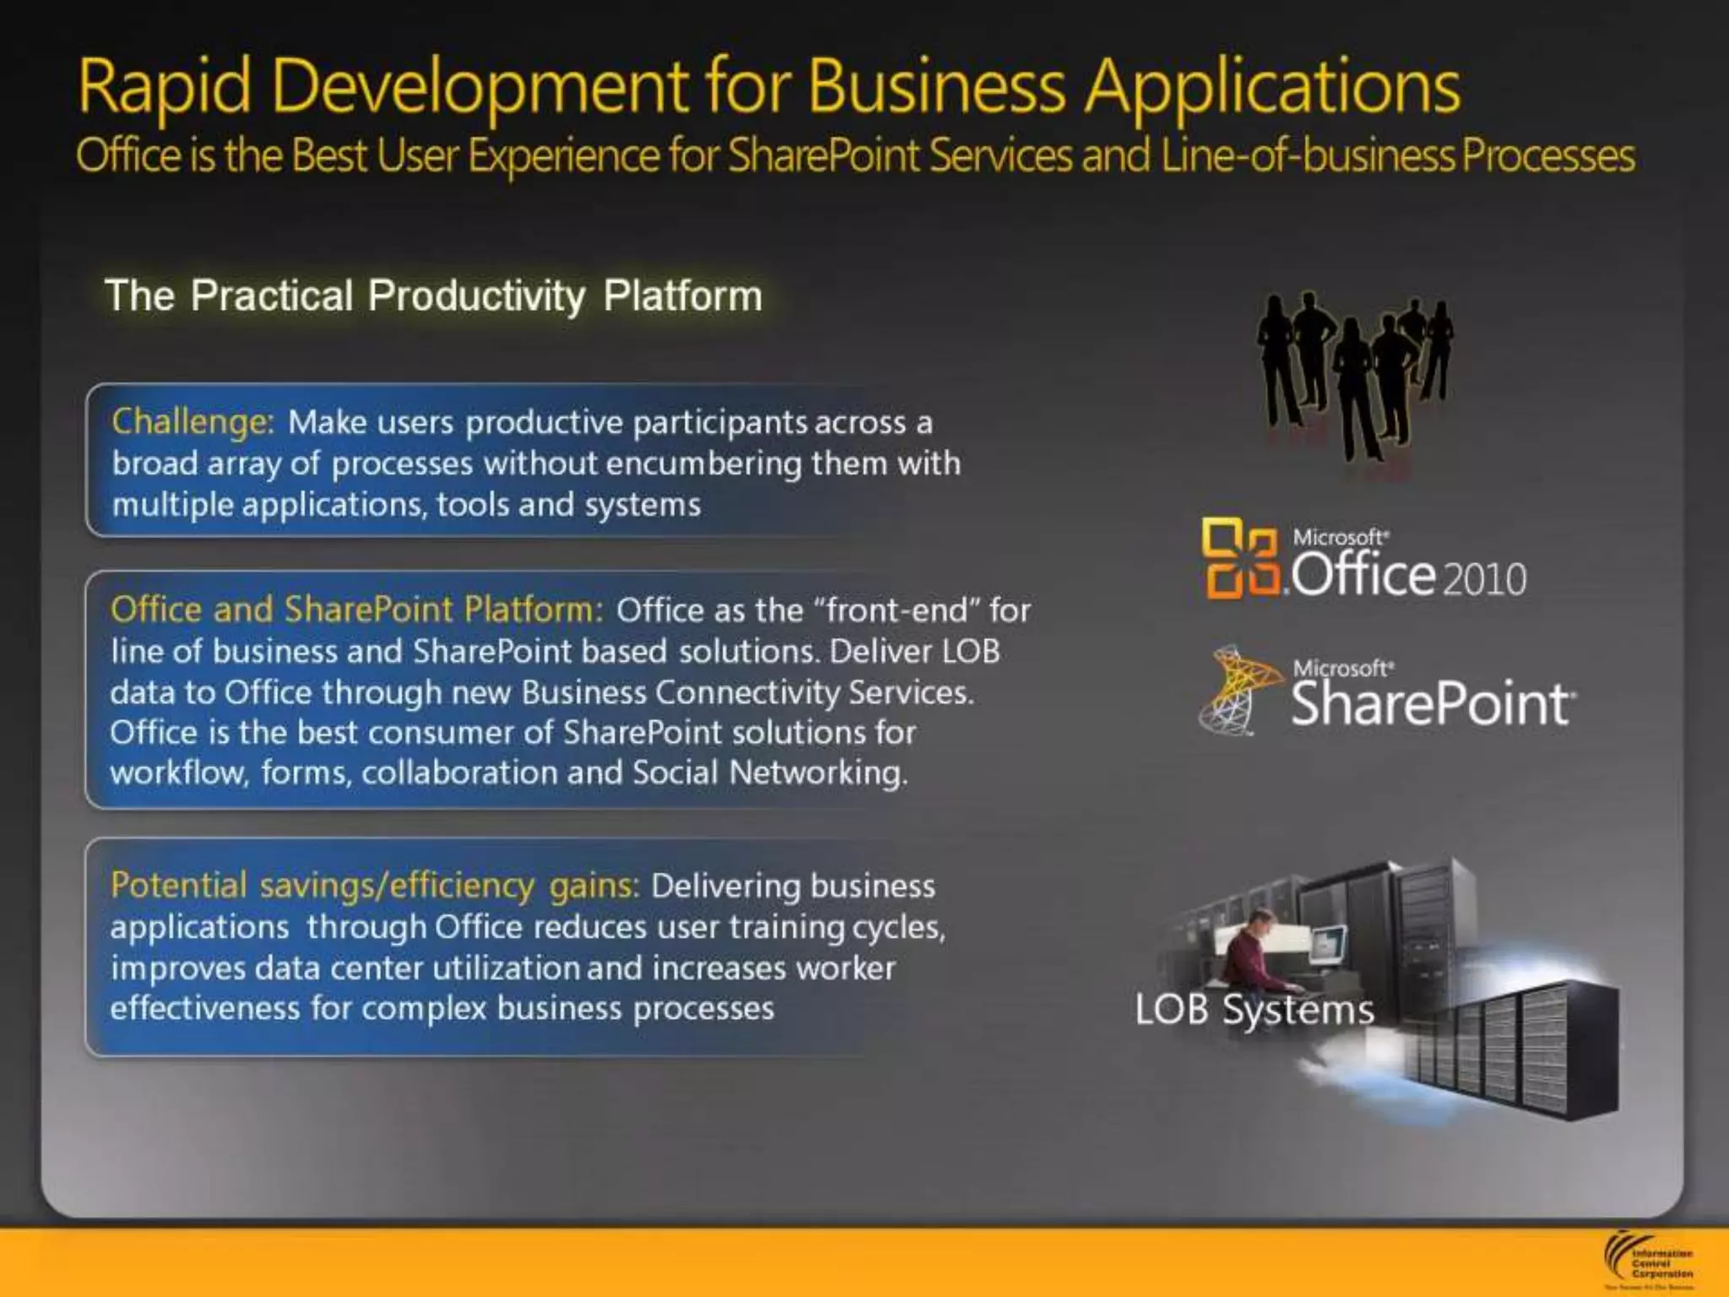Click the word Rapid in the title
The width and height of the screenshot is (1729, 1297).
point(165,87)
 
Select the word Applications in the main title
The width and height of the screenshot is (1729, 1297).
point(1272,87)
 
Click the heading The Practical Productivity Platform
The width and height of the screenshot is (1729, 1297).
point(433,296)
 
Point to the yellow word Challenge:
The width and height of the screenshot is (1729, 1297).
point(193,421)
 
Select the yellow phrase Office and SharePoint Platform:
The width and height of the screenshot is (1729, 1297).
point(357,609)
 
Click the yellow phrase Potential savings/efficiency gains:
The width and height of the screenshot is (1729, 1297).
point(375,885)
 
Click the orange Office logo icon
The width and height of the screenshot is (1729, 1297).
point(1239,558)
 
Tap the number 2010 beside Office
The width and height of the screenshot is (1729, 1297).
point(1483,579)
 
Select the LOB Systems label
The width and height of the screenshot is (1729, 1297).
point(1254,1009)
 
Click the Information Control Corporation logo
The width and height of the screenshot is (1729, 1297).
point(1646,1262)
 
